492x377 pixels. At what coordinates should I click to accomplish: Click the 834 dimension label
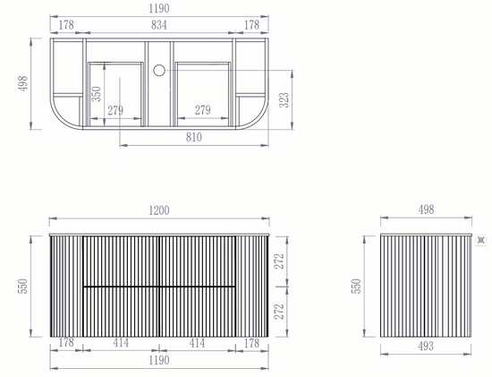click(158, 25)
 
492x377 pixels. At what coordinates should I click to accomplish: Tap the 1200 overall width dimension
click(159, 210)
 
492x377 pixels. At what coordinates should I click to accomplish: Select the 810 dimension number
click(193, 137)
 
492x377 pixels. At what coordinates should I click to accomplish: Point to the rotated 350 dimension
click(96, 94)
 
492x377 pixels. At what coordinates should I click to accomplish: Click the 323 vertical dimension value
click(284, 100)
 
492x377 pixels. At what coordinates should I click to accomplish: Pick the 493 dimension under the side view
click(426, 346)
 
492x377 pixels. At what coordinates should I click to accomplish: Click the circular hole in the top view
click(159, 71)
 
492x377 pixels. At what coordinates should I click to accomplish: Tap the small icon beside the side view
click(481, 240)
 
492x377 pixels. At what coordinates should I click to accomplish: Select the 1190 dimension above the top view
click(159, 8)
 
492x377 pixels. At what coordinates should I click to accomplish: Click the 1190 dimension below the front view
click(159, 360)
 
